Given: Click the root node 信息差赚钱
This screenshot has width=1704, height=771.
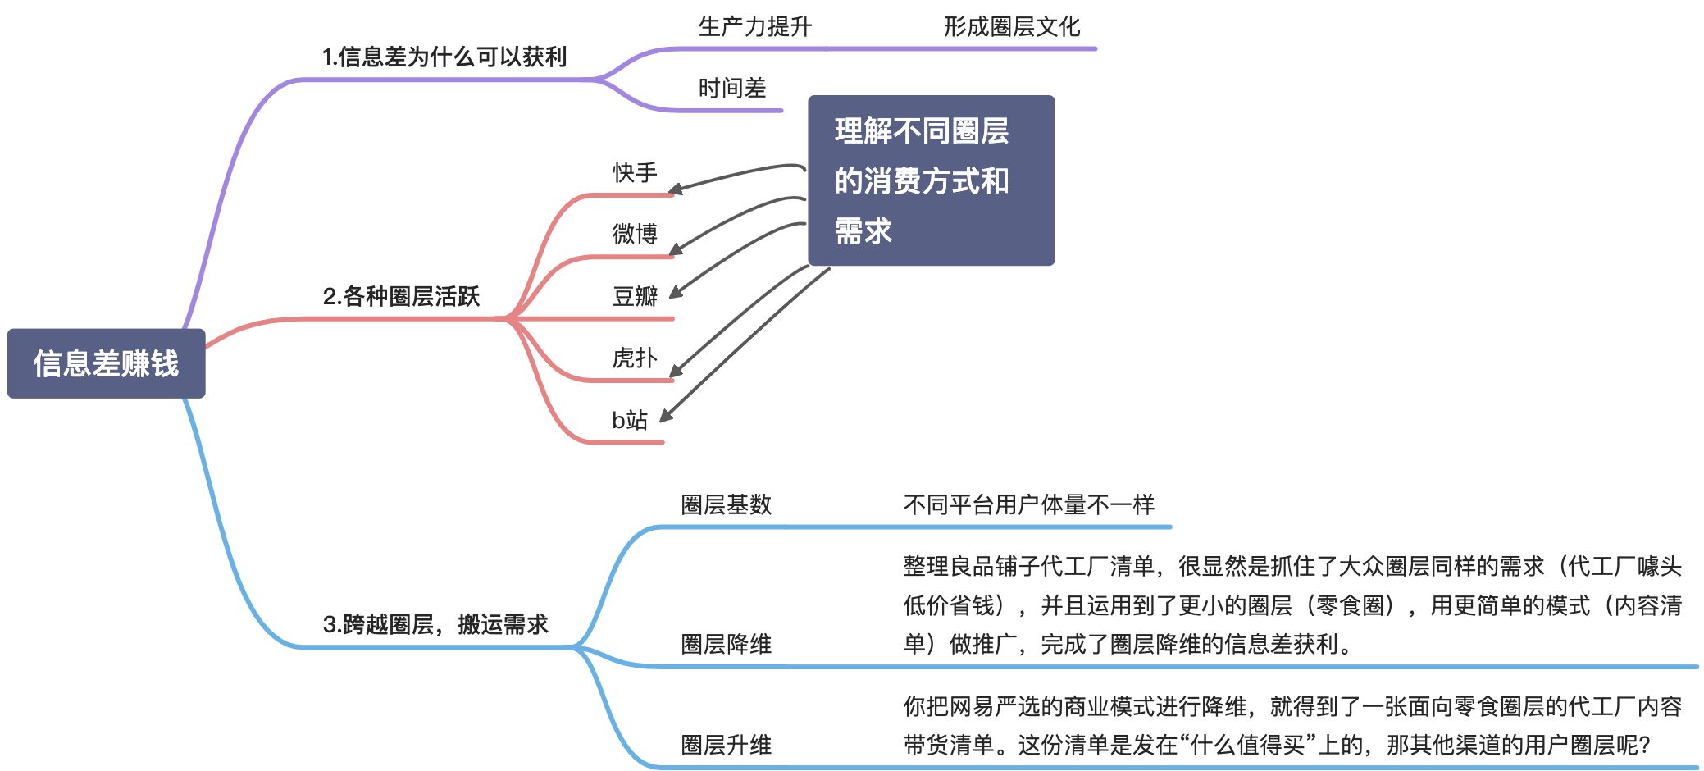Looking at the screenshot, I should point(106,363).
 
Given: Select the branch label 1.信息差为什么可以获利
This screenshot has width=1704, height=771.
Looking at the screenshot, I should point(444,57).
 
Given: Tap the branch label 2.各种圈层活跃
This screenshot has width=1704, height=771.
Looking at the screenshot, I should point(401,296).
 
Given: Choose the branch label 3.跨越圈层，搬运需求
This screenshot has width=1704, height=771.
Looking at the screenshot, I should point(435,624).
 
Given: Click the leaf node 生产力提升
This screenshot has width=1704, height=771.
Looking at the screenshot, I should point(754,27).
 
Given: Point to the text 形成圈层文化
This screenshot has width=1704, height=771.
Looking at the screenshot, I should point(1011,27).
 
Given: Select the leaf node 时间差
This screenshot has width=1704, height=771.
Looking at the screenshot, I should point(732,88).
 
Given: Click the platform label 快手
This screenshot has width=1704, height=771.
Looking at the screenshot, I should point(635,172).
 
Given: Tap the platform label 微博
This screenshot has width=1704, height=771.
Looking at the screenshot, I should point(635,234).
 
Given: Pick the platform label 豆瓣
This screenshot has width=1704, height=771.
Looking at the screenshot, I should point(635,296).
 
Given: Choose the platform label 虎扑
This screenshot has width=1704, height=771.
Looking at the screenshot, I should point(635,358).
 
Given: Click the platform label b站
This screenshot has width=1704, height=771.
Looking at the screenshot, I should point(630,420).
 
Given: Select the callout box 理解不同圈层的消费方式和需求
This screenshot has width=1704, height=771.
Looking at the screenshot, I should point(931,180).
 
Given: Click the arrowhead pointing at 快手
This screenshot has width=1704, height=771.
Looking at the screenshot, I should point(675,191).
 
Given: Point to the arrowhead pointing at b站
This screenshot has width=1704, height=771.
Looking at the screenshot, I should point(666,416).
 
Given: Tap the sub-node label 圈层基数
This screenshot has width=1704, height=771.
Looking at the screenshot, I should point(726,504).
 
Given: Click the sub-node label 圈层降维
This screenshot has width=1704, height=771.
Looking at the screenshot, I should point(726,644).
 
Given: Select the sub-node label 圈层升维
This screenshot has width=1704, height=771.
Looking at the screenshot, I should point(726,745).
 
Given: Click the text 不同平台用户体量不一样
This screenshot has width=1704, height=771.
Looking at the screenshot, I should point(1028,504).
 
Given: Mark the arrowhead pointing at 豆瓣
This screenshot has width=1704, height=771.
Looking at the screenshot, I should point(676,293).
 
